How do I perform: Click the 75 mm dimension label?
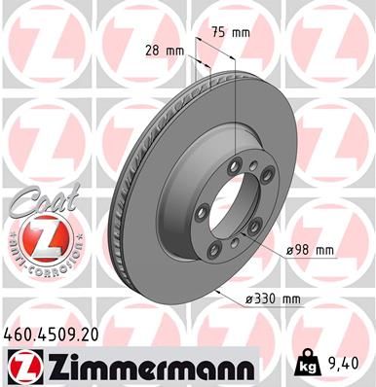(235, 32)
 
